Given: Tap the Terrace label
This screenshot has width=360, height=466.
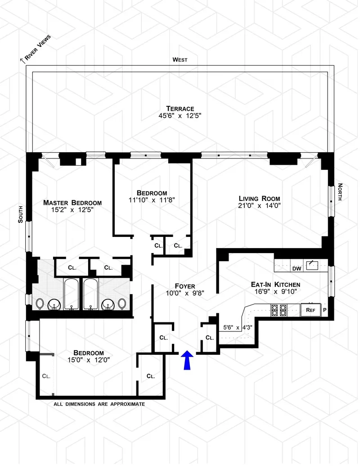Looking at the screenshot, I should pyautogui.click(x=180, y=109).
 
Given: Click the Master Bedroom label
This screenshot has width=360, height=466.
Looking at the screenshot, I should pyautogui.click(x=72, y=203).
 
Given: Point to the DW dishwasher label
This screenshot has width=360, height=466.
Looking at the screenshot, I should pyautogui.click(x=297, y=269).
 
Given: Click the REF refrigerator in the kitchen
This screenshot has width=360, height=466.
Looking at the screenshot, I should pyautogui.click(x=310, y=310).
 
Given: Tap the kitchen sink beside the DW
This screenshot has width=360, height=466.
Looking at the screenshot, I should pyautogui.click(x=312, y=265).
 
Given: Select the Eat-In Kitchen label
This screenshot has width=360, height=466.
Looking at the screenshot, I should pyautogui.click(x=275, y=285).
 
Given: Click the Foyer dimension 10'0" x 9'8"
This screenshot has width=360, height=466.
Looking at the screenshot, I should pyautogui.click(x=185, y=293).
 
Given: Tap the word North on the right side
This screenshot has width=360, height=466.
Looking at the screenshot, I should pyautogui.click(x=340, y=192).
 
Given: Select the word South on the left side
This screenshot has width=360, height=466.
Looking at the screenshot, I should pyautogui.click(x=20, y=213).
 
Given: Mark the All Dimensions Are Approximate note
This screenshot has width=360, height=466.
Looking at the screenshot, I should pyautogui.click(x=99, y=404).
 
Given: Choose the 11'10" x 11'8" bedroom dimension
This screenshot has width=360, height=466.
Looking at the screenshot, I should pyautogui.click(x=152, y=200).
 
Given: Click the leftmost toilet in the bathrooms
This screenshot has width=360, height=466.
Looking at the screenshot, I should pyautogui.click(x=40, y=304).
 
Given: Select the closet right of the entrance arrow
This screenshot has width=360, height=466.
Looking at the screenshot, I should pyautogui.click(x=209, y=338).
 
